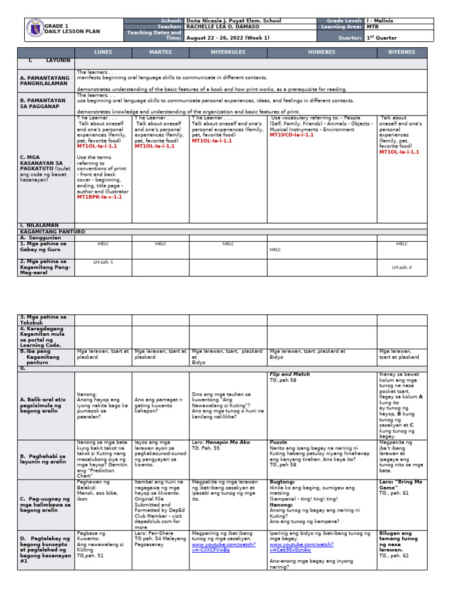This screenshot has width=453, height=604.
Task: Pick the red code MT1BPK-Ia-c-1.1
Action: (x=100, y=197)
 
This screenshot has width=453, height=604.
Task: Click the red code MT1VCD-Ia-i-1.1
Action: (x=292, y=135)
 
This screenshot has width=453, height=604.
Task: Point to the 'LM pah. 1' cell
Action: (x=103, y=261)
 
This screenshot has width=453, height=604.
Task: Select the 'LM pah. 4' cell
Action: (x=402, y=267)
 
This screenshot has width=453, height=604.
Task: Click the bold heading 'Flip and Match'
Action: (x=290, y=375)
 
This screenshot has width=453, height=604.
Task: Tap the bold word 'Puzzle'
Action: (x=278, y=441)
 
